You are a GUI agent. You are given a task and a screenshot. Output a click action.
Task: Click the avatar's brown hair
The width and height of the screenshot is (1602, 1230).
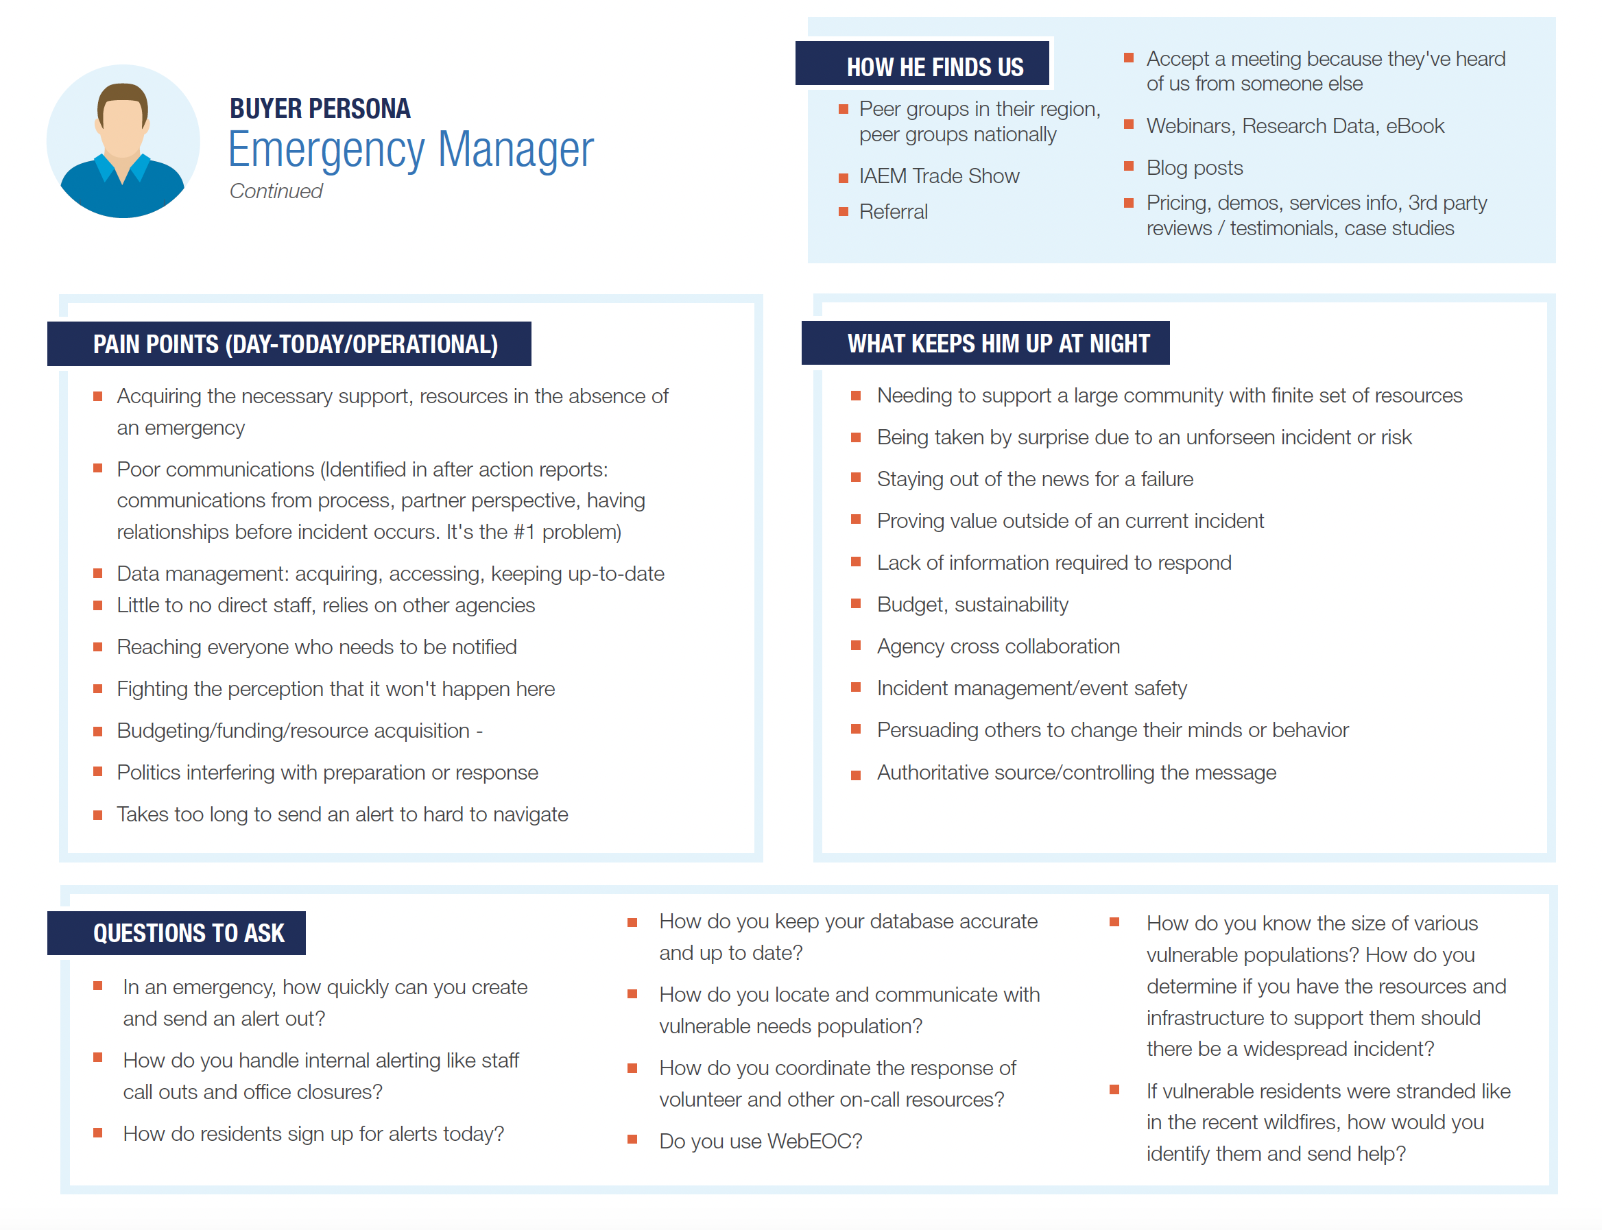(122, 94)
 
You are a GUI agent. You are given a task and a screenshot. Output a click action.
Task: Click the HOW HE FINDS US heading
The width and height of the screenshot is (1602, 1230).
(934, 67)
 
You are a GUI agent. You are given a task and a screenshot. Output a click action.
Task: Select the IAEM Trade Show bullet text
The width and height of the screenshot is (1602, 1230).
(939, 176)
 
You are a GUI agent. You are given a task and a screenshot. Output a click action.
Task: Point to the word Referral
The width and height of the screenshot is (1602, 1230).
(894, 213)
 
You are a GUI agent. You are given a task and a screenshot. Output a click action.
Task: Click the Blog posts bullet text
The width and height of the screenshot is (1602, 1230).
(1194, 169)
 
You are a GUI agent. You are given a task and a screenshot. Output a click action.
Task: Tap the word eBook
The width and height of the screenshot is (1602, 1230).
(1415, 127)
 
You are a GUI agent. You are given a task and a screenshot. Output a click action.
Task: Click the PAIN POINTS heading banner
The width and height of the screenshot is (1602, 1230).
(295, 344)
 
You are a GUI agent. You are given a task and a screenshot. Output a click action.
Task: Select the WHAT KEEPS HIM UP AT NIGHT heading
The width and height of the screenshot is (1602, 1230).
(998, 343)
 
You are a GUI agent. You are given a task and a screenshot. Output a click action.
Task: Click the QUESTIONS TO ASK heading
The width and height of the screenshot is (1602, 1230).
(188, 934)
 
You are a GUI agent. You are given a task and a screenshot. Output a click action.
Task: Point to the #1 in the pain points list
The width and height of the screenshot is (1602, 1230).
(524, 532)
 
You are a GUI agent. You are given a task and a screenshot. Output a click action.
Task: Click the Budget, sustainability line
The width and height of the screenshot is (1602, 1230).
(972, 605)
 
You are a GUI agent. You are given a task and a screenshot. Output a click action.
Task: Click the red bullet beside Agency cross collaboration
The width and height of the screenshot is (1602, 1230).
(855, 646)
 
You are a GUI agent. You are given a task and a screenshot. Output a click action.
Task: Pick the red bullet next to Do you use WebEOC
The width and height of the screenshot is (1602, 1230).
(632, 1140)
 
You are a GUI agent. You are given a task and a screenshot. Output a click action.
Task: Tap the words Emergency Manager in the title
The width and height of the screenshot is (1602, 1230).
(410, 150)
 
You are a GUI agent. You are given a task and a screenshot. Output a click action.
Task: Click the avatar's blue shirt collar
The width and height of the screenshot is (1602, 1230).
(122, 170)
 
